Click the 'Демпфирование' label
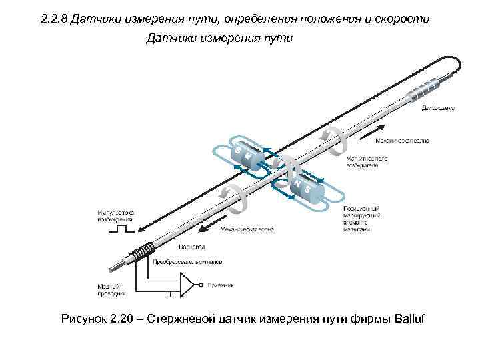click(x=439, y=107)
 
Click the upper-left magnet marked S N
click(x=245, y=156)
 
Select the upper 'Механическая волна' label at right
click(x=401, y=141)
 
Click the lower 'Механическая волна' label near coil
click(x=247, y=230)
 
